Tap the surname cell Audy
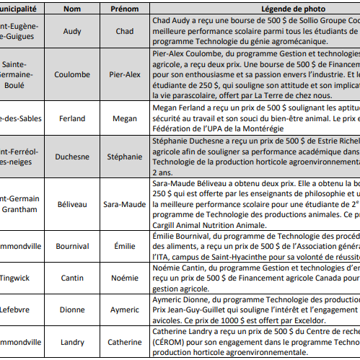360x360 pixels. click(72, 31)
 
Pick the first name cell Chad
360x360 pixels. click(124, 31)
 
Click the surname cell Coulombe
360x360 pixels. click(72, 74)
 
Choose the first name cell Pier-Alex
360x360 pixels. click(124, 74)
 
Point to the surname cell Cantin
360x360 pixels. click(72, 278)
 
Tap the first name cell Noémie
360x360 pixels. click(124, 278)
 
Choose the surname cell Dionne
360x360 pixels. click(72, 309)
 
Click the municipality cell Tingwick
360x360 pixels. click(16, 278)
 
